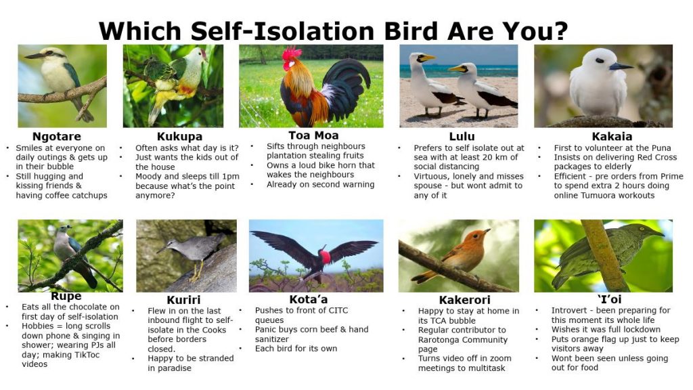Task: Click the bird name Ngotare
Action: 57,136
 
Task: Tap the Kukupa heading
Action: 179,137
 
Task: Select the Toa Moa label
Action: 313,135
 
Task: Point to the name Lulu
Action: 462,137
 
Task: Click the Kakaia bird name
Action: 612,136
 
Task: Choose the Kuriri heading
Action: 183,300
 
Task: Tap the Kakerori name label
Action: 465,300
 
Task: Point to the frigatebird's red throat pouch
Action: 326,257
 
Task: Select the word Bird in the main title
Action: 411,31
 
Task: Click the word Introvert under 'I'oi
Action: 570,310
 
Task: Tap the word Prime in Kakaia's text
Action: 672,176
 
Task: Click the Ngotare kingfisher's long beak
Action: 34,56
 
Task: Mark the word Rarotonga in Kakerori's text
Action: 439,340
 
